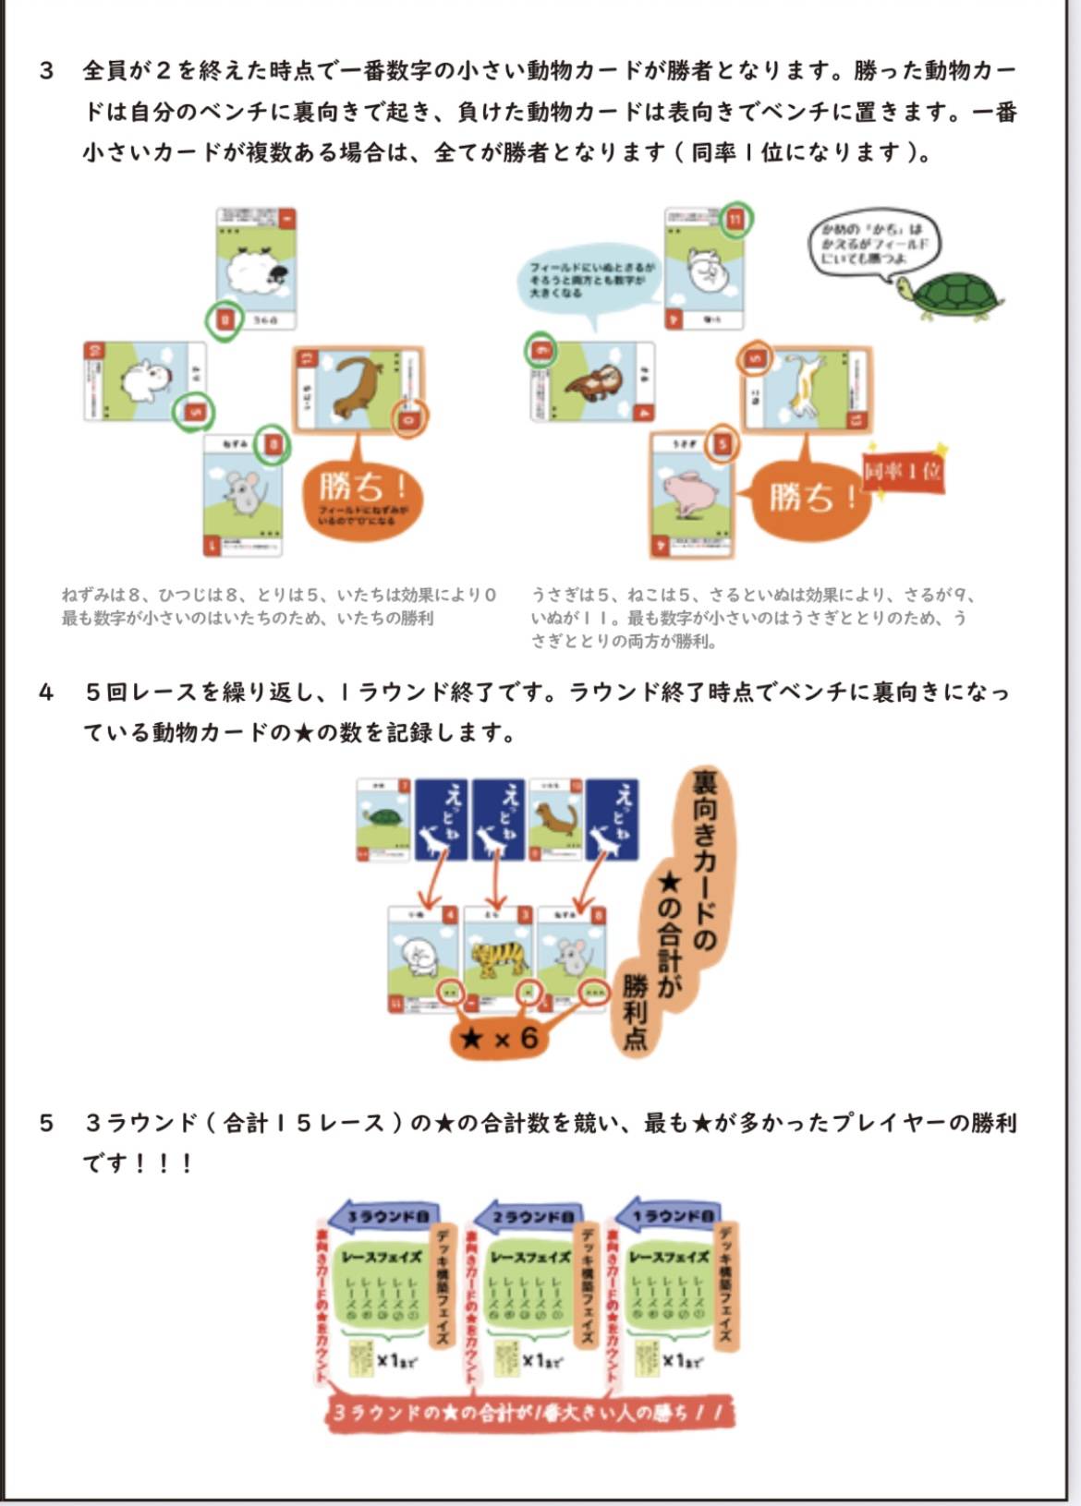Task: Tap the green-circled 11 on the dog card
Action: [735, 220]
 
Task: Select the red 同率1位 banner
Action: [903, 472]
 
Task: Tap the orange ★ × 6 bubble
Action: [500, 1039]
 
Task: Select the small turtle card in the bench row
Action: [383, 820]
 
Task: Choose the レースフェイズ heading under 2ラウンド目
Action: [528, 1257]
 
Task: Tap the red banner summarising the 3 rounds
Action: [528, 1413]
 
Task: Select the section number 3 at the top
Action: [46, 71]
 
